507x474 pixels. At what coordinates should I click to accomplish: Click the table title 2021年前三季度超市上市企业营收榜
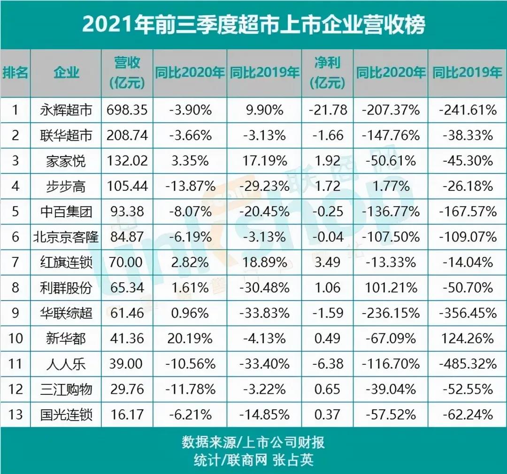253,25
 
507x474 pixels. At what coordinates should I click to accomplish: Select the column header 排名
15,73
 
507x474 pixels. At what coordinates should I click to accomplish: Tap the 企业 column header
66,73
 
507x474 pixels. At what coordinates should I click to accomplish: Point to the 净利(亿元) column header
328,73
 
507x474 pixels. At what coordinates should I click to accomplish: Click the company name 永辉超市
66,110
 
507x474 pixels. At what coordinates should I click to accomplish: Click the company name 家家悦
66,161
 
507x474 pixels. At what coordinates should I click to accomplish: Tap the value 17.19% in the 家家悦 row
265,161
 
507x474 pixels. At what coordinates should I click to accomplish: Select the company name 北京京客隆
66,237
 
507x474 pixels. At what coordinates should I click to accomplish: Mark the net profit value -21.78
328,110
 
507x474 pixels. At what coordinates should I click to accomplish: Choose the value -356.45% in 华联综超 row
467,312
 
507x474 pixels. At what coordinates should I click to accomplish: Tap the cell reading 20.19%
190,338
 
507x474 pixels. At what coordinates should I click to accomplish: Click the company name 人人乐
66,363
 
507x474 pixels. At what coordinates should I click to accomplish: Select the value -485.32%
467,363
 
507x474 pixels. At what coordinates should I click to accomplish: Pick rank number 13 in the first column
15,414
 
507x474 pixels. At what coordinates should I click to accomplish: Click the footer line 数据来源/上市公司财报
253,443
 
